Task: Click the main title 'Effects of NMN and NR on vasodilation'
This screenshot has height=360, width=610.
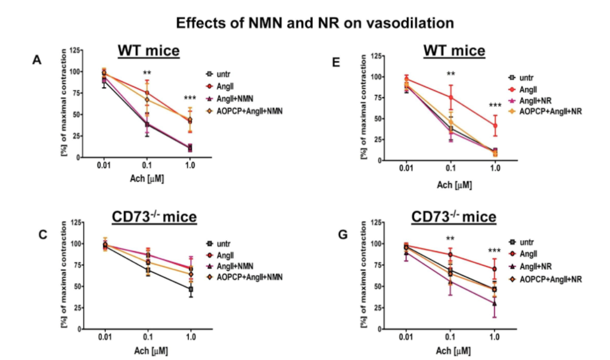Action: (x=315, y=23)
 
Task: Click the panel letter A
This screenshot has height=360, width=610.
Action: (x=37, y=60)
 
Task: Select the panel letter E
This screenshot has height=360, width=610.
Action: (x=336, y=61)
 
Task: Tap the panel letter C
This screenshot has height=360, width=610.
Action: (x=43, y=234)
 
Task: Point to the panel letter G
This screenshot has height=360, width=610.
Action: (x=343, y=234)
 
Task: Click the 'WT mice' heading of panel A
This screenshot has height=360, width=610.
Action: (x=148, y=50)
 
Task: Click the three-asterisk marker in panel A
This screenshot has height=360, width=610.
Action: (x=189, y=98)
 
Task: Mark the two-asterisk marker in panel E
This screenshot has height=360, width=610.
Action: (x=451, y=75)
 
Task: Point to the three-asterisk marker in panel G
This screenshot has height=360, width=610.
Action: (x=494, y=251)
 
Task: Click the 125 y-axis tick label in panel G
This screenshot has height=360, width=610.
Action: (x=375, y=222)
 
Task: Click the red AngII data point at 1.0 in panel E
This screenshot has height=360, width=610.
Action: (x=494, y=126)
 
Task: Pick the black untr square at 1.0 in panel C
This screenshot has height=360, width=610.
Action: (x=191, y=290)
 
